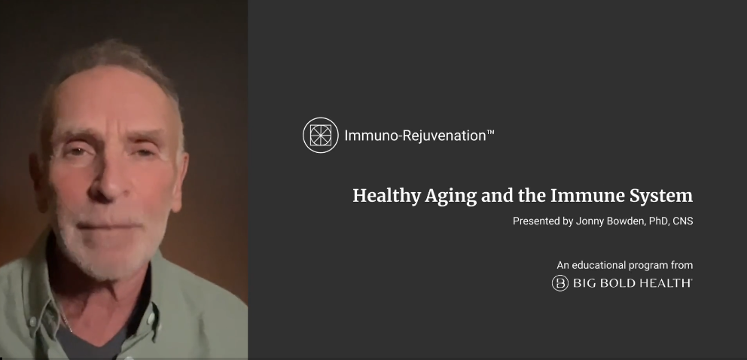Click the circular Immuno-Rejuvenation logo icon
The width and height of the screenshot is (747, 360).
tap(321, 136)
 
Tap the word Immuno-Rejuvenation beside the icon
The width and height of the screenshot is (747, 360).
tap(415, 136)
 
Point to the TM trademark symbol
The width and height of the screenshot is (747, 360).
tap(490, 132)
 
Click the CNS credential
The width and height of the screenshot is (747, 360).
tap(683, 221)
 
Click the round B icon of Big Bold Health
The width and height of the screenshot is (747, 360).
tap(560, 283)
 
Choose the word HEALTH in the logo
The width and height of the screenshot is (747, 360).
tap(665, 283)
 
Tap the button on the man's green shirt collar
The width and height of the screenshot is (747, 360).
tap(33, 321)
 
